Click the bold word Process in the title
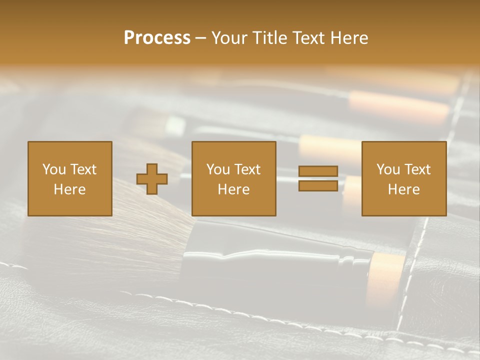pyautogui.click(x=157, y=38)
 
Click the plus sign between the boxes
pyautogui.click(x=152, y=179)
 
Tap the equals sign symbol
pyautogui.click(x=318, y=178)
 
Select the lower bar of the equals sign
pyautogui.click(x=318, y=185)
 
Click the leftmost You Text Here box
pyautogui.click(x=70, y=178)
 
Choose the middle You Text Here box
pyautogui.click(x=233, y=178)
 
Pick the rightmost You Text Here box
pyautogui.click(x=404, y=178)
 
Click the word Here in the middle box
pyautogui.click(x=233, y=189)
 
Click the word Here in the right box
pyautogui.click(x=403, y=189)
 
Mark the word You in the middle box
pyautogui.click(x=218, y=169)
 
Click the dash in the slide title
pyautogui.click(x=201, y=38)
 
